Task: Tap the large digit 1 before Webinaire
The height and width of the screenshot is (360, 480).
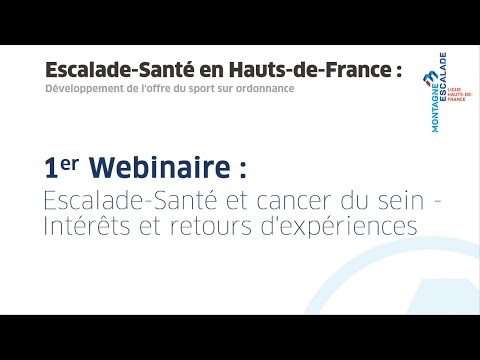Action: click(x=51, y=164)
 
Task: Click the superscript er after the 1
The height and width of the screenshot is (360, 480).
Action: click(x=71, y=158)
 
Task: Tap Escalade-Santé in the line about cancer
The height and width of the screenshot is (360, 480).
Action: click(x=127, y=199)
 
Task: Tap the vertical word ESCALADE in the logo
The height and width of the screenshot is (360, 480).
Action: click(x=441, y=85)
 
